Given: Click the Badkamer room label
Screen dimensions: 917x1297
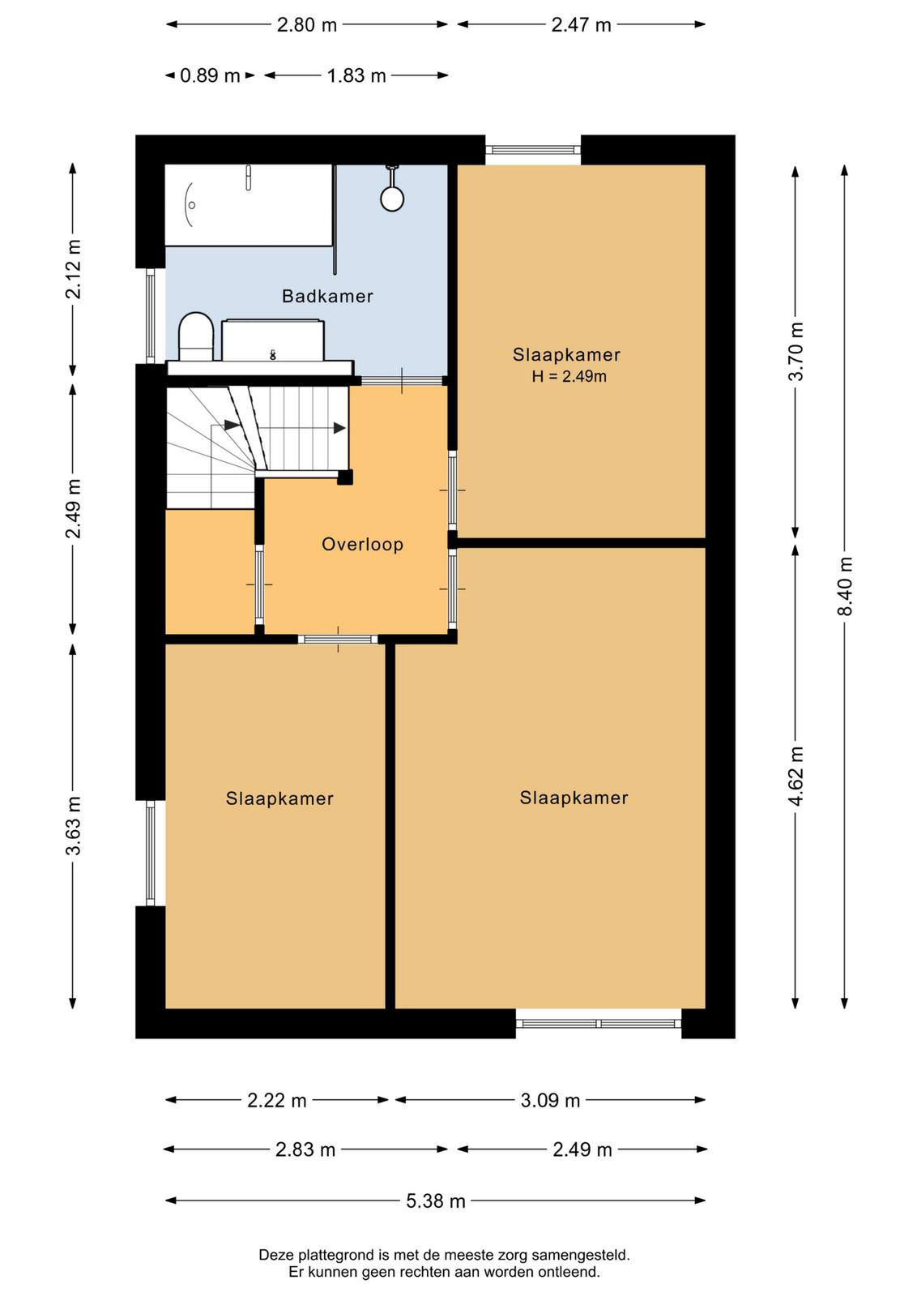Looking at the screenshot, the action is pos(327,297).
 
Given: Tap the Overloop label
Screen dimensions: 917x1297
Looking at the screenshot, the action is pos(362,544).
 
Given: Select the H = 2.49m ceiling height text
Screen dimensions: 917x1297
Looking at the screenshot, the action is pos(569,376).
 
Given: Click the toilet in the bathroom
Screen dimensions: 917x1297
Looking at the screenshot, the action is pos(195,336).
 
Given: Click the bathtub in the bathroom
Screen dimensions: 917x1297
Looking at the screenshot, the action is pos(249,205).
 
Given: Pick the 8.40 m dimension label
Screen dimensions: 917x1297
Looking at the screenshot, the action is pos(845,586).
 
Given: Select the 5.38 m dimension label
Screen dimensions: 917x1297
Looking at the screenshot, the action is pos(436,1201).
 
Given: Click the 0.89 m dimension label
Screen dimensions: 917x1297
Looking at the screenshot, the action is pos(210,75).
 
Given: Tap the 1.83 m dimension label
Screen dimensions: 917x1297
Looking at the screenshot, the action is pos(356,75).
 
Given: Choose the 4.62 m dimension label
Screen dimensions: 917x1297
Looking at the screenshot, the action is pos(796,776).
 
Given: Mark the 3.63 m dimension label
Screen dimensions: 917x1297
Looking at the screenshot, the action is pos(74,826).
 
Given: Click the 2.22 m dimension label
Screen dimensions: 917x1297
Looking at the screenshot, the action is pos(276,1100).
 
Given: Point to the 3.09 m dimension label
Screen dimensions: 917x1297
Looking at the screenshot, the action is pos(549,1100).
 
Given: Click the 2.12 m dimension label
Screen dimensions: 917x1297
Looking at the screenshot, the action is pos(74,268).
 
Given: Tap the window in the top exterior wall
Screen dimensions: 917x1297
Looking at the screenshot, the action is pos(533,150).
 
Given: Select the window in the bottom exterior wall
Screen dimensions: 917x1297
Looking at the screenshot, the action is pos(598,1024).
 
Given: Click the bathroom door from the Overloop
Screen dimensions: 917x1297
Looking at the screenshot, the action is pos(402,380).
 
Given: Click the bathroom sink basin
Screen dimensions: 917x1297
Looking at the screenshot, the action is pos(272,340).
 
